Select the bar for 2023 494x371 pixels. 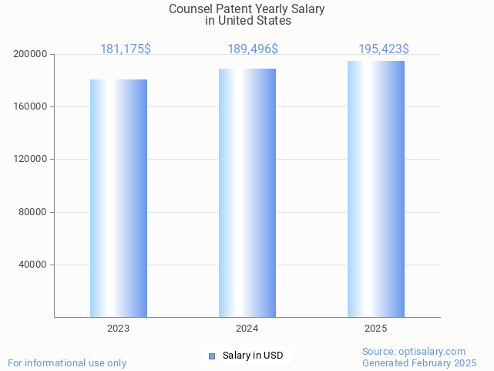click(119, 198)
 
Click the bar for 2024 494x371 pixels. click(247, 193)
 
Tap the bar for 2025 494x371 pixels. click(376, 189)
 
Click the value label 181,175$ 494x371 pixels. click(126, 49)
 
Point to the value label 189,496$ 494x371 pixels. click(253, 49)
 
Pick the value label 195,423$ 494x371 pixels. click(384, 49)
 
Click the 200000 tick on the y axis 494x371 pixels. click(31, 54)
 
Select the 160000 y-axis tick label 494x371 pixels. click(31, 106)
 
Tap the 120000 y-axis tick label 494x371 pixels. click(31, 159)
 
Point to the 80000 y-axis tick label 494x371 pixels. click(33, 212)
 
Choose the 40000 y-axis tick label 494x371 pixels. click(33, 265)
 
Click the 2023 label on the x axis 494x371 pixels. click(119, 329)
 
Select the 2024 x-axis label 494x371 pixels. click(247, 329)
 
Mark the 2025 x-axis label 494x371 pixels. click(376, 329)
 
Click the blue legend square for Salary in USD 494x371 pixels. click(212, 356)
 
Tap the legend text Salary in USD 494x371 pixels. click(253, 356)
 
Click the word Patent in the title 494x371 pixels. click(230, 9)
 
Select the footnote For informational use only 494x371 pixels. click(67, 363)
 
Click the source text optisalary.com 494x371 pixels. click(432, 351)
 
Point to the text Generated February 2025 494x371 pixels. click(419, 363)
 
